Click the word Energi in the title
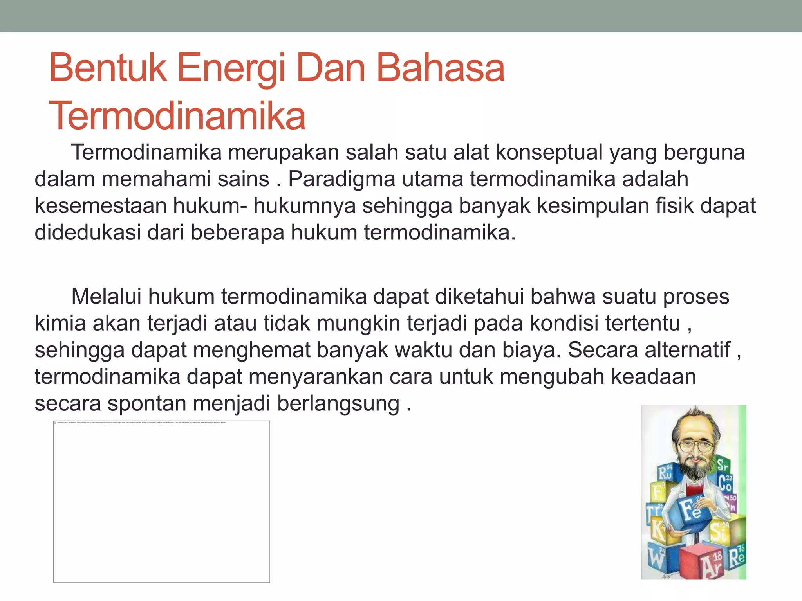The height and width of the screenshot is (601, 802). click(x=231, y=69)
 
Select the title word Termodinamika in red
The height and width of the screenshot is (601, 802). click(x=177, y=116)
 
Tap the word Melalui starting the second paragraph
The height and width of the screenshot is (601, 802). click(x=106, y=297)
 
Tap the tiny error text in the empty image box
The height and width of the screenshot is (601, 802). click(x=141, y=423)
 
